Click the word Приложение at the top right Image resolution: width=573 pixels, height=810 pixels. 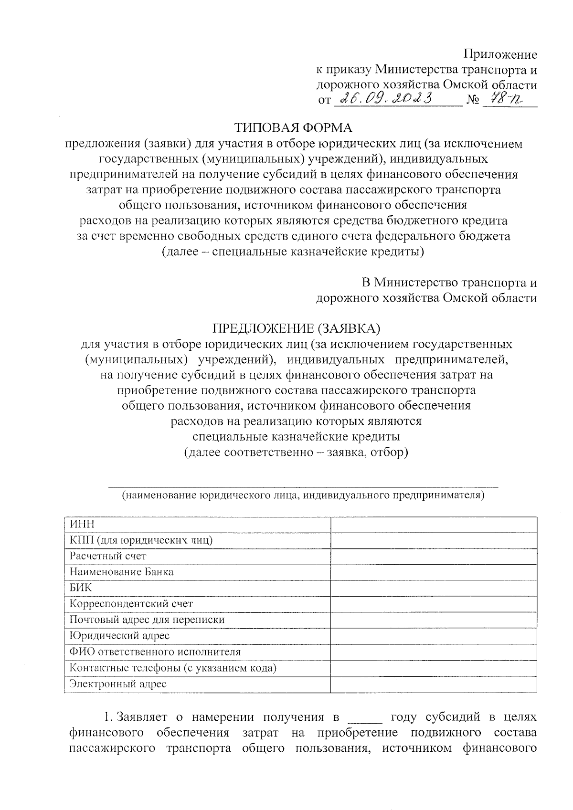pyautogui.click(x=501, y=54)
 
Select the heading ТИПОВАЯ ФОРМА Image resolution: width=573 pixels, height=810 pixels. pyautogui.click(x=293, y=128)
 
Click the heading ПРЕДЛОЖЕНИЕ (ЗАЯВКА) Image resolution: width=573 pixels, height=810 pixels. pyautogui.click(x=296, y=328)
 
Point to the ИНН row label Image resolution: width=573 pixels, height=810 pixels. pyautogui.click(x=82, y=524)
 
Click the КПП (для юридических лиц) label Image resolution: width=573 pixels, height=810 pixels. pyautogui.click(x=141, y=540)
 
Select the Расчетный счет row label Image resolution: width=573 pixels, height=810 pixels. pyautogui.click(x=108, y=556)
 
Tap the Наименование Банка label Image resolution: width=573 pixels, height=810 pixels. pyautogui.click(x=121, y=572)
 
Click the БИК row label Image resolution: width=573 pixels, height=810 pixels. pyautogui.click(x=81, y=588)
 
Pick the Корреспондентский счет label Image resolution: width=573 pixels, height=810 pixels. pyautogui.click(x=131, y=604)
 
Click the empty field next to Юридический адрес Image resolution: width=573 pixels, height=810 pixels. pyautogui.click(x=433, y=636)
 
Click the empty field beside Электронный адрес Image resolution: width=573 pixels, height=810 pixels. pyautogui.click(x=433, y=684)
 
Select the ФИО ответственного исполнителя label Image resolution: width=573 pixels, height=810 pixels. pyautogui.click(x=155, y=652)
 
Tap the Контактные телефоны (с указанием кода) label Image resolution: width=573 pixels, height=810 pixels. pyautogui.click(x=173, y=668)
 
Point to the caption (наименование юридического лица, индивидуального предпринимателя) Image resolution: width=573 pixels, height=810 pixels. pyautogui.click(x=303, y=495)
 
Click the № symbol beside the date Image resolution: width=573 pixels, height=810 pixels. pyautogui.click(x=472, y=100)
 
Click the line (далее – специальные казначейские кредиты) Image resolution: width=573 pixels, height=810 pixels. pyautogui.click(x=293, y=252)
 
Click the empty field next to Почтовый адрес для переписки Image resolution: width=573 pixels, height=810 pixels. pyautogui.click(x=433, y=620)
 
